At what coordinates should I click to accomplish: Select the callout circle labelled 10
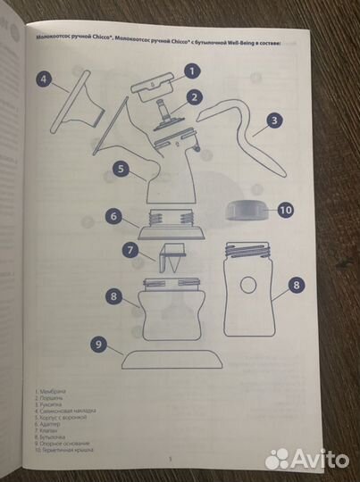click(x=285, y=211)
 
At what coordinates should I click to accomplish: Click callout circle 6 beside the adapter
click(x=113, y=215)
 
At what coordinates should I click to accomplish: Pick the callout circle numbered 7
click(x=130, y=252)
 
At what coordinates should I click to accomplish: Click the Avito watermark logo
click(x=307, y=458)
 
